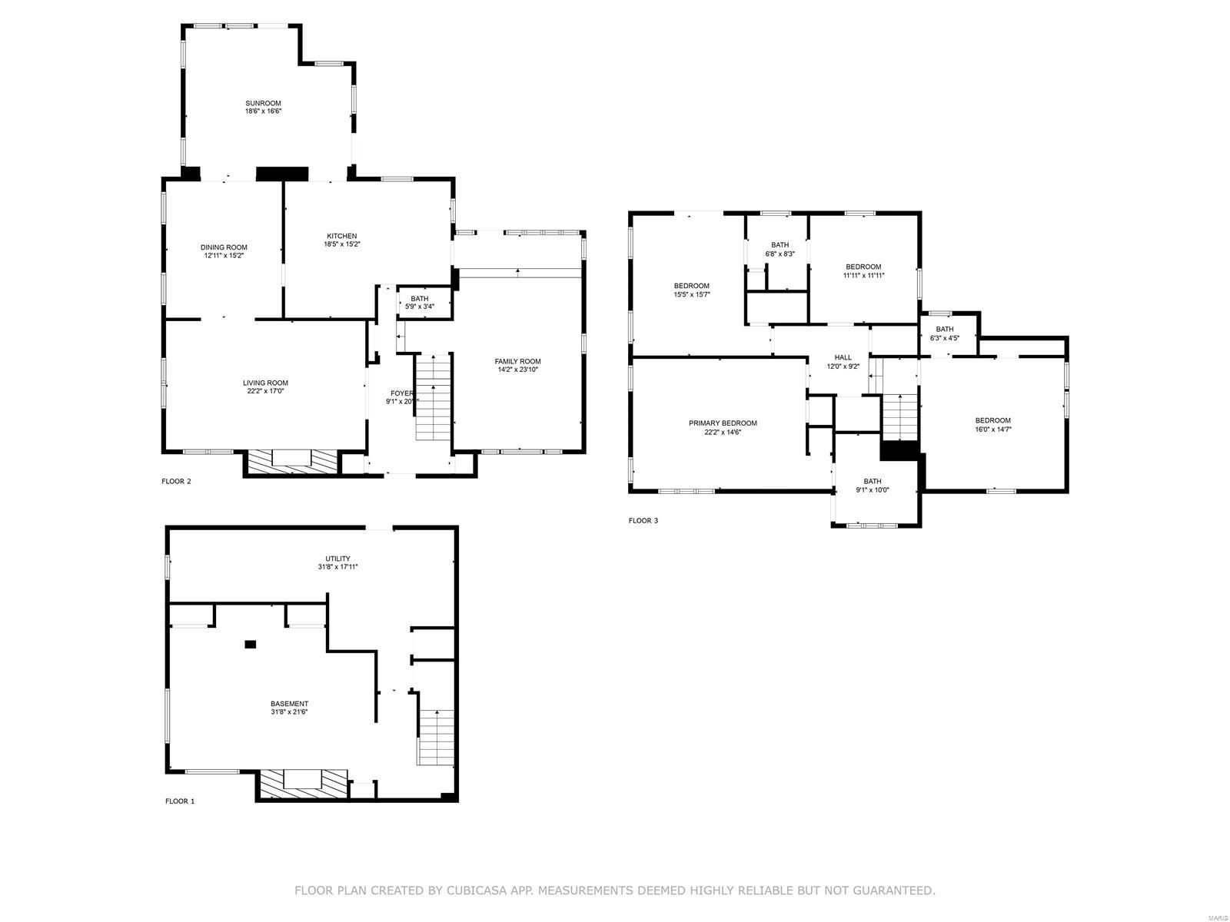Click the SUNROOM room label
point(263,103)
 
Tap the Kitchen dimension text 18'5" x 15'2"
point(341,244)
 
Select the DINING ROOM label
point(224,247)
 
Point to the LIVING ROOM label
point(265,383)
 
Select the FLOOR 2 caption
point(176,482)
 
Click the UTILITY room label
point(337,559)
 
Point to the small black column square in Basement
point(250,645)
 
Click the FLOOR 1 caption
point(180,801)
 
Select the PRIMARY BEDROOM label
point(722,423)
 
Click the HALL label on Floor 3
point(843,357)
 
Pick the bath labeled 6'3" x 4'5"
point(944,333)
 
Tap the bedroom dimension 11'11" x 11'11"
point(863,275)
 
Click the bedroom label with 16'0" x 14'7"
point(992,420)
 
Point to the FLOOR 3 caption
point(643,521)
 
